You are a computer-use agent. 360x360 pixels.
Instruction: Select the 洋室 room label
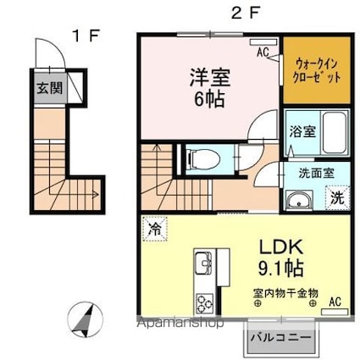coord(208,76)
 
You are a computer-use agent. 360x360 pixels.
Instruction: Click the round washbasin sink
coord(297,200)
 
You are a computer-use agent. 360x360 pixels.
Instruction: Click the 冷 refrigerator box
coord(155,228)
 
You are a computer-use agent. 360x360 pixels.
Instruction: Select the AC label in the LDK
coord(335,302)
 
